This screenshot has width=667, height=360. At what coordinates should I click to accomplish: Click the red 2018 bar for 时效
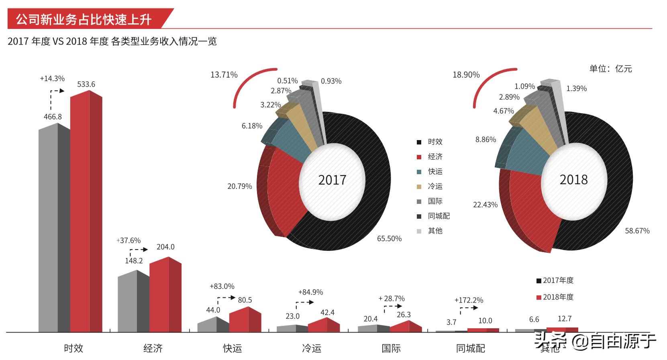click(86, 213)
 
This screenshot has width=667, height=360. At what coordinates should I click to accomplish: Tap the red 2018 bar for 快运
click(245, 320)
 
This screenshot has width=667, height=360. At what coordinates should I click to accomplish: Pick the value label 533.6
click(86, 84)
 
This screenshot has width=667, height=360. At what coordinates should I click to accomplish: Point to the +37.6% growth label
click(129, 240)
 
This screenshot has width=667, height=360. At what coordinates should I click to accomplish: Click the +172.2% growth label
click(469, 300)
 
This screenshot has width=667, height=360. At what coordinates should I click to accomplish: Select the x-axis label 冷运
click(312, 348)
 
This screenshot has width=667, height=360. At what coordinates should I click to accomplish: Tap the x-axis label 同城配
click(470, 348)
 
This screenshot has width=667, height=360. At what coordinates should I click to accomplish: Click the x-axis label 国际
click(391, 348)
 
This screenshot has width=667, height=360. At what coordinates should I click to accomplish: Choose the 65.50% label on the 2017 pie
click(389, 238)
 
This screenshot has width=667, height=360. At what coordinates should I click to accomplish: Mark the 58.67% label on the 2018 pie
click(637, 231)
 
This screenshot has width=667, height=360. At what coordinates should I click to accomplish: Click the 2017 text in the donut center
click(332, 180)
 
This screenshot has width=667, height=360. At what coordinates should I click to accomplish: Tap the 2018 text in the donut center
click(573, 179)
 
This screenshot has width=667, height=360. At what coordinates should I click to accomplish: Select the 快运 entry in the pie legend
click(434, 171)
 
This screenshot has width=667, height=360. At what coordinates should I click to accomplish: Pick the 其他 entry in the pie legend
click(434, 231)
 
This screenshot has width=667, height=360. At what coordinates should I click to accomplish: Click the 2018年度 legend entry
click(557, 297)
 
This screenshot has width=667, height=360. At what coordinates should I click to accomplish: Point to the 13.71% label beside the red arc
click(224, 75)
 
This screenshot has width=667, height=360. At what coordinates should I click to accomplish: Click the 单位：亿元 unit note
click(610, 69)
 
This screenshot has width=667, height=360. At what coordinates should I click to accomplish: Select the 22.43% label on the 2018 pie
click(485, 205)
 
